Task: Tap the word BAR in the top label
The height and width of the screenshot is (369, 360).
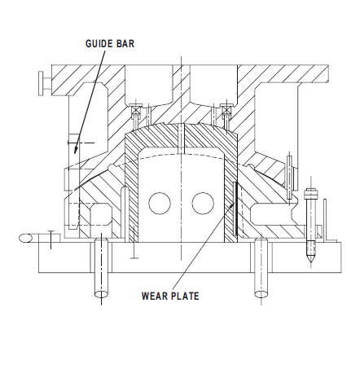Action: tap(125, 44)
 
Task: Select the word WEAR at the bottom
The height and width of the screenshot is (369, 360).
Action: tap(153, 296)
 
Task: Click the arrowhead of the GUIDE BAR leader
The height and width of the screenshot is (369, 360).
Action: tap(77, 148)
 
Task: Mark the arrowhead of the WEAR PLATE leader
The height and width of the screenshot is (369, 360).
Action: tap(231, 206)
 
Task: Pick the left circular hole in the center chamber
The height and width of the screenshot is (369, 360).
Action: tap(160, 204)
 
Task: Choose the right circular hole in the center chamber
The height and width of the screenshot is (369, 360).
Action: tap(203, 204)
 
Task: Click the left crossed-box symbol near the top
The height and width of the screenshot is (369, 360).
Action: tap(136, 109)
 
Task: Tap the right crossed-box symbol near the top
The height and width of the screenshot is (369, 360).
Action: tap(226, 109)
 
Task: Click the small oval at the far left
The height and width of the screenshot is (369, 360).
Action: tap(26, 238)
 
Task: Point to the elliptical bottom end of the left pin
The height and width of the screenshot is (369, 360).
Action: tap(101, 294)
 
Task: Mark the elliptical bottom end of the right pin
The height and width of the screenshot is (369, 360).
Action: tap(261, 294)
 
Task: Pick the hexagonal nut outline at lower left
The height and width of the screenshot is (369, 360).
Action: tap(101, 214)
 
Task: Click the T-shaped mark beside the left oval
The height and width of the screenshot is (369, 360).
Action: tap(50, 239)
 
